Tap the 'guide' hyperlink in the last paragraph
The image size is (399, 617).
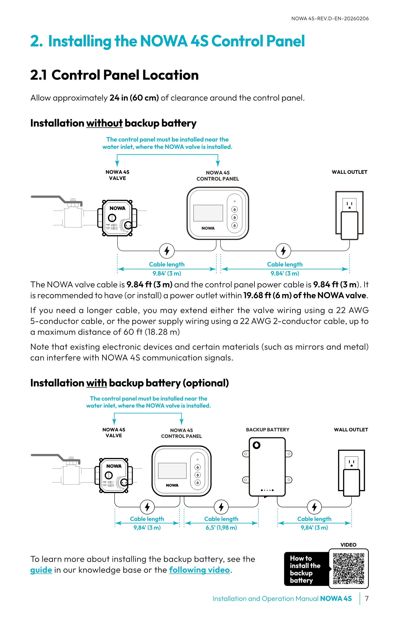41,570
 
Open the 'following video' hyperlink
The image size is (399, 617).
199,570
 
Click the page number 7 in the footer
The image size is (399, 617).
366,599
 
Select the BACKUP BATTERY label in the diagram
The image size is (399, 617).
267,429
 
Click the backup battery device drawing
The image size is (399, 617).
267,467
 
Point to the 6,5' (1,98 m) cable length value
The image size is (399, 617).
221,527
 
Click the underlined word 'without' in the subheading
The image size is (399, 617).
104,123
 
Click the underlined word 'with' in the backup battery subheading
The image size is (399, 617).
96,383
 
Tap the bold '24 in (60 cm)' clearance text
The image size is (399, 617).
134,98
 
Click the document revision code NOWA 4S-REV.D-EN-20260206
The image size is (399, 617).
330,19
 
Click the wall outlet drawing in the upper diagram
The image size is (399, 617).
349,215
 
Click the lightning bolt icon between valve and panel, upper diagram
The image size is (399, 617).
167,251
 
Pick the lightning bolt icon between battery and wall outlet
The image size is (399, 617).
314,507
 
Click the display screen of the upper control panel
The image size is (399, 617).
208,213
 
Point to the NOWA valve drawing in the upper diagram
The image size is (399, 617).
117,218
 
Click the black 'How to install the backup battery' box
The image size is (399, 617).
306,569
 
